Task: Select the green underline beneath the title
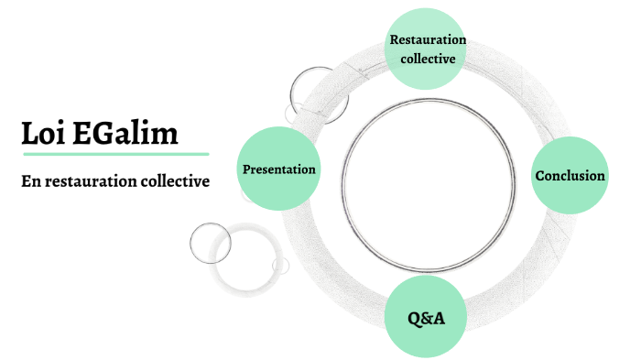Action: point(115,155)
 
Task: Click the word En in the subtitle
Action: point(31,181)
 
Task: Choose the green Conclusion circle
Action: point(570,176)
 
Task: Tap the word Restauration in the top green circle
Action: point(428,39)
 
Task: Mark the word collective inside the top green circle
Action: point(428,59)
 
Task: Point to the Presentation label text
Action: point(278,169)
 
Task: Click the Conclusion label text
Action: point(570,176)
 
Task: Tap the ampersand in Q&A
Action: point(427,319)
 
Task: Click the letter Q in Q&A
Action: point(415,319)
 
